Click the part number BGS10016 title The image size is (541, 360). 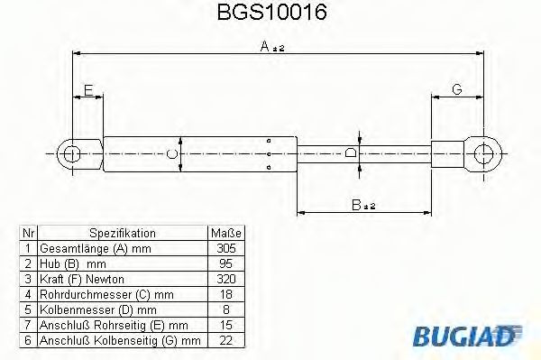point(271,14)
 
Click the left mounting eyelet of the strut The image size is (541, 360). point(70,154)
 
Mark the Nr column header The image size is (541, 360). point(28,233)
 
